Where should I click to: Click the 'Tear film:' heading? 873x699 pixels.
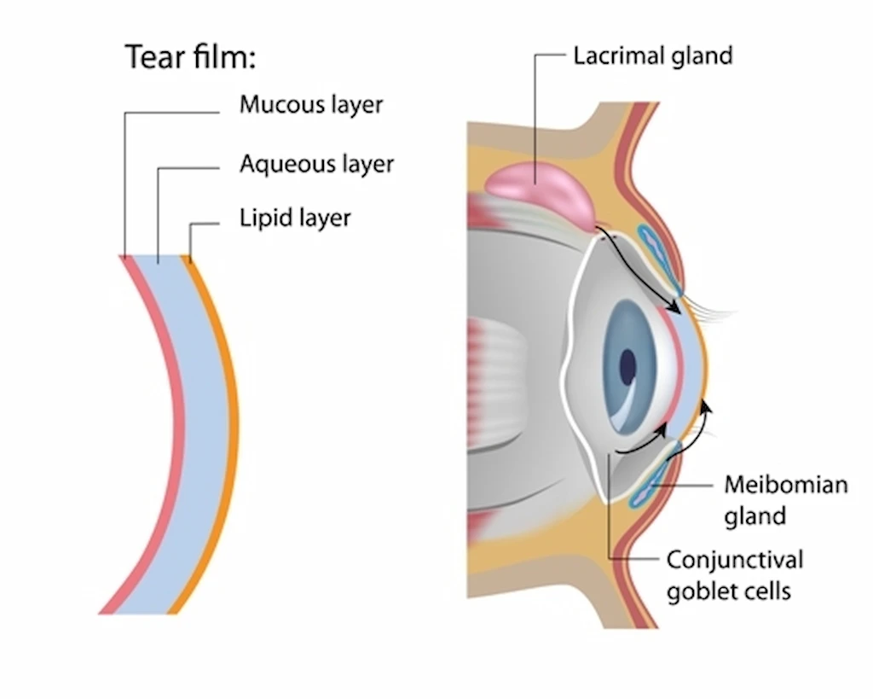191,57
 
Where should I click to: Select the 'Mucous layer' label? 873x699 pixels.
311,105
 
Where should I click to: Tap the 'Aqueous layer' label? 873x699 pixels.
316,164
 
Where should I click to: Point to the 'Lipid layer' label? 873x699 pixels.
295,218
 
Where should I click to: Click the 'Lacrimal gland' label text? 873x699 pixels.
652,56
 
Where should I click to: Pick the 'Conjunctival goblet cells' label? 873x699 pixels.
734,575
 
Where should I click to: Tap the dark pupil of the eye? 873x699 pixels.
627,367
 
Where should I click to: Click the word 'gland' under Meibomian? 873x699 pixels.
754,516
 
